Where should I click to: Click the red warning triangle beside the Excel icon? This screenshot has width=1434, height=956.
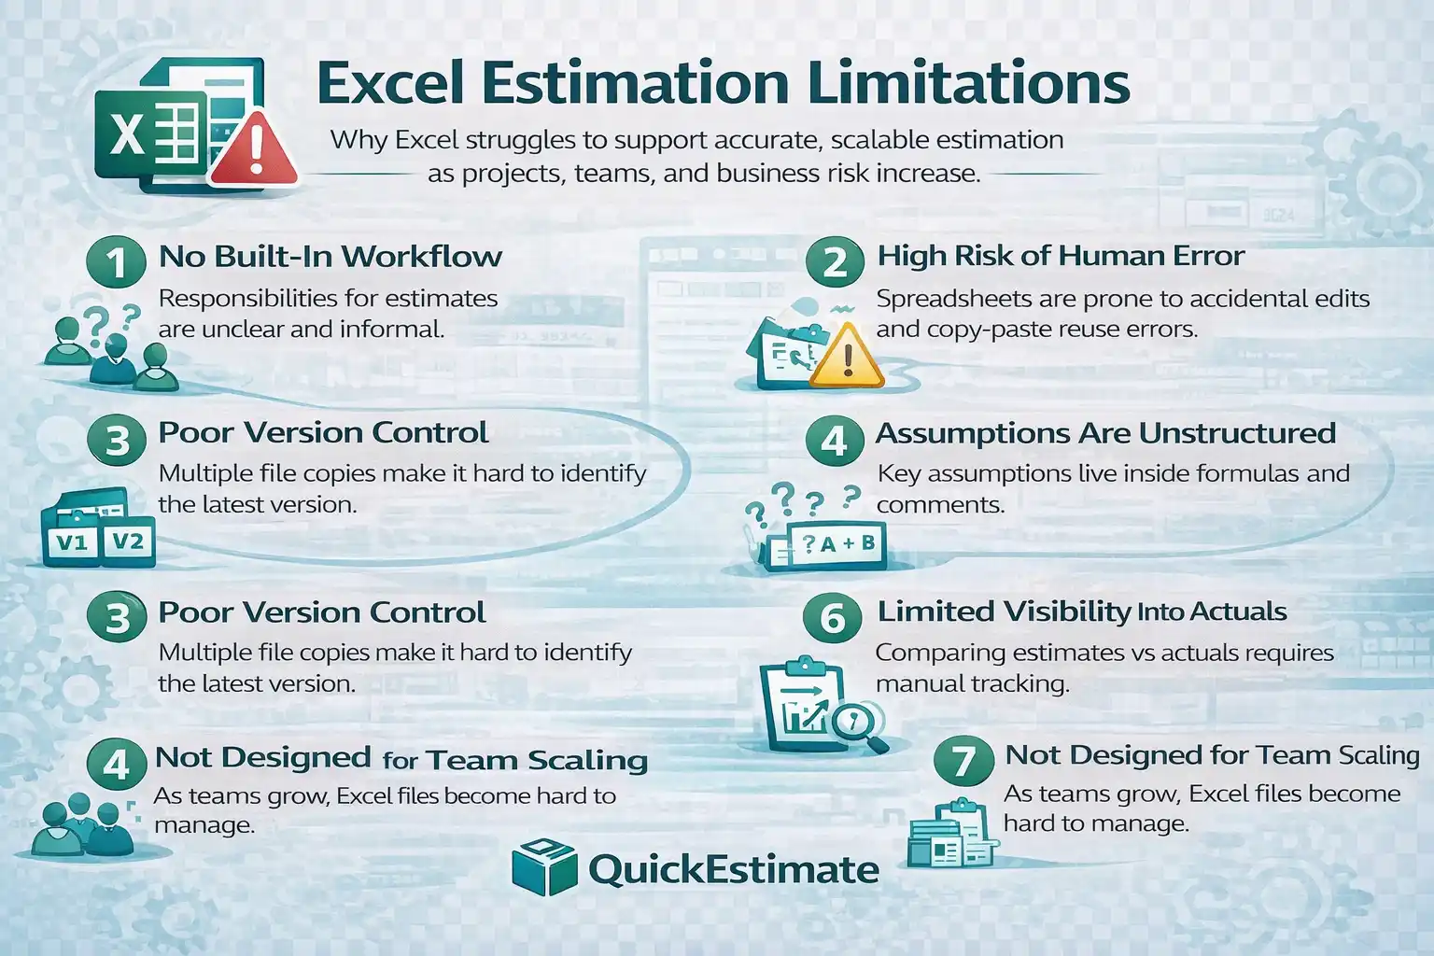pos(254,152)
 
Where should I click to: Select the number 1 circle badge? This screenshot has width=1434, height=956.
pos(116,261)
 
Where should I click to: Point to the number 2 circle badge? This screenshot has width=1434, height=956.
pos(834,261)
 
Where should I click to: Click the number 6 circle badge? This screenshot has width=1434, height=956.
pos(832,617)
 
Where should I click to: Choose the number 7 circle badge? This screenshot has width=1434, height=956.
pos(963,761)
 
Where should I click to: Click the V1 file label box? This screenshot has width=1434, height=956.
pos(72,541)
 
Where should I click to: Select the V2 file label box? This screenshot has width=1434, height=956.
pos(128,540)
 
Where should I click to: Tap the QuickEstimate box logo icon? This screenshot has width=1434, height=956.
pos(544,867)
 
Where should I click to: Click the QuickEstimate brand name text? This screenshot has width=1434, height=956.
pos(733,870)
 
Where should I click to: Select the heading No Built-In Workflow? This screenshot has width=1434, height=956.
pos(330,256)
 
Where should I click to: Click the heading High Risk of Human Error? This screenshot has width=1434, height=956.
pos(1061,256)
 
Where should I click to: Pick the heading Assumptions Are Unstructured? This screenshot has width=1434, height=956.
pos(1105,433)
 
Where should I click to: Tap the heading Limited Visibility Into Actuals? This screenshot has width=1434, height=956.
pos(1081,612)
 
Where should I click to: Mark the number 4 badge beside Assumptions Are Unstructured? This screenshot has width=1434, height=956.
pos(833,440)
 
